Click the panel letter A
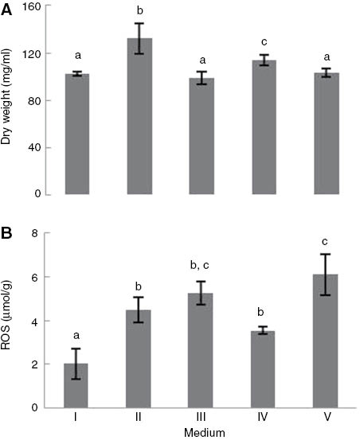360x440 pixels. click(8, 8)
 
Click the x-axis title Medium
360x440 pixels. click(199, 432)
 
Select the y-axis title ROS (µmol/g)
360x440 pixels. click(10, 321)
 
